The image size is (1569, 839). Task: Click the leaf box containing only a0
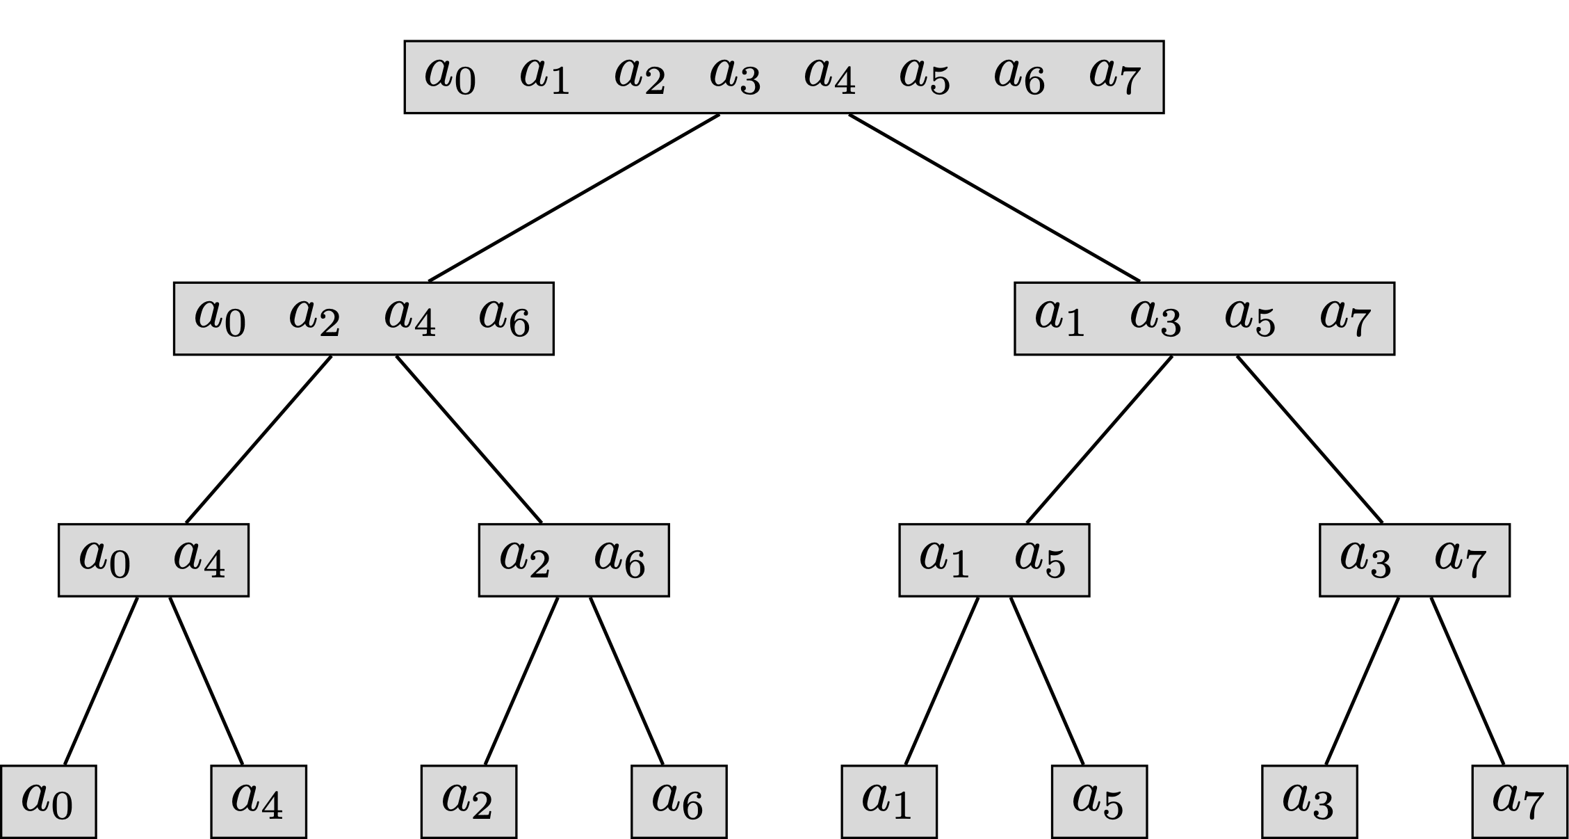tap(47, 801)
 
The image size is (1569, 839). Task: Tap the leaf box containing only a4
tap(258, 801)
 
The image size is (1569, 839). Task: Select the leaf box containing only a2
tap(469, 801)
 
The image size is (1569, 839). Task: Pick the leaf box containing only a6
tap(678, 801)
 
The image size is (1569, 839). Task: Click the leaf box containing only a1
tap(888, 801)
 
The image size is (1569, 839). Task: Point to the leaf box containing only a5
tap(1099, 801)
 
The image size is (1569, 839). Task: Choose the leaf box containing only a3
tap(1309, 801)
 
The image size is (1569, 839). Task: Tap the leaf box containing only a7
tap(1520, 801)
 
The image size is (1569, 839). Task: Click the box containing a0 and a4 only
tap(153, 560)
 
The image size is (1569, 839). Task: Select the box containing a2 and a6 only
tap(574, 560)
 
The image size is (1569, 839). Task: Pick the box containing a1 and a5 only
tap(994, 560)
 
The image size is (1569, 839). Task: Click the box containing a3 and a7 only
tap(1415, 560)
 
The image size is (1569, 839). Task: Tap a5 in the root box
tap(924, 77)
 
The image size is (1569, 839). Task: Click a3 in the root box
tap(734, 77)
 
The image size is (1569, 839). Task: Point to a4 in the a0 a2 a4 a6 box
tap(409, 318)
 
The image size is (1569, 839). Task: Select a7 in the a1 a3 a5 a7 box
tap(1344, 318)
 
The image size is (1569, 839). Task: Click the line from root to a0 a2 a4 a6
tap(574, 198)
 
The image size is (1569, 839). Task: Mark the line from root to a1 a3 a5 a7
tap(994, 198)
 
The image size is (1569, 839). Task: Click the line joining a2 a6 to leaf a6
tap(626, 680)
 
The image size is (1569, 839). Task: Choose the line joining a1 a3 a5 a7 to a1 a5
tap(1099, 439)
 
